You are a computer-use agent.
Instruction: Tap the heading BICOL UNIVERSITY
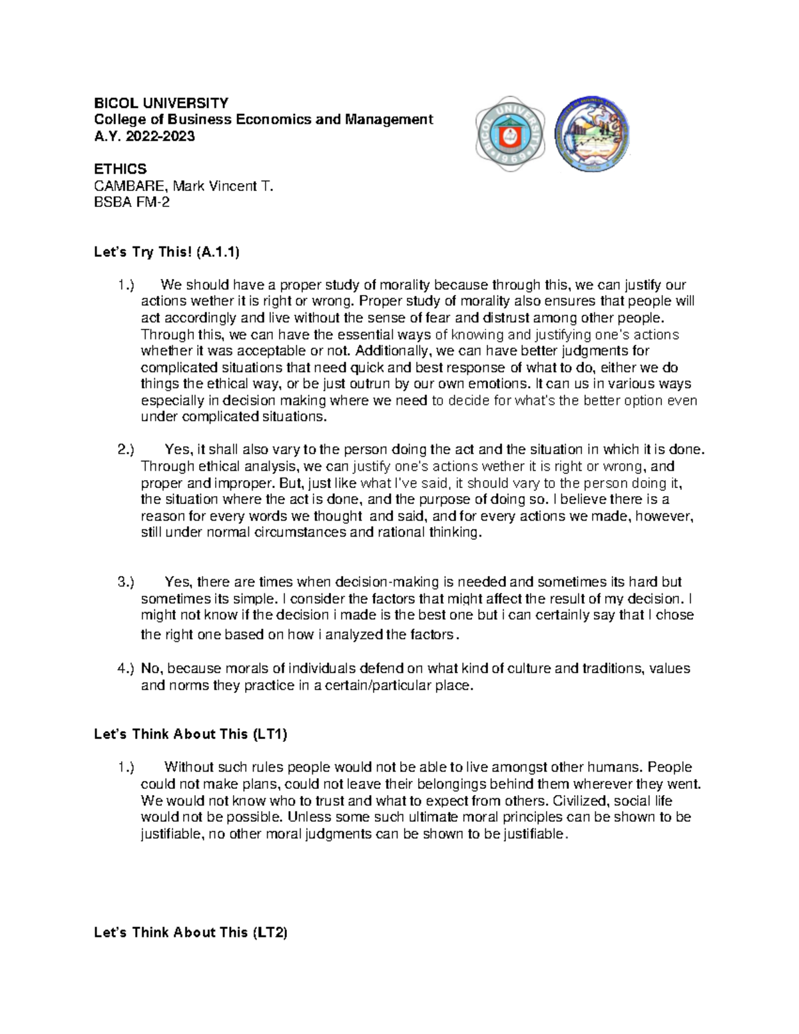click(161, 103)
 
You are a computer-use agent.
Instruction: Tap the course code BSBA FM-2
click(132, 202)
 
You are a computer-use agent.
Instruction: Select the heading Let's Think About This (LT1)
click(191, 734)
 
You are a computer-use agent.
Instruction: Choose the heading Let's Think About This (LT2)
click(191, 933)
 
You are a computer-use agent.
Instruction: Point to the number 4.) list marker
click(127, 668)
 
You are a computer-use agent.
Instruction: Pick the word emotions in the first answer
click(493, 384)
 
